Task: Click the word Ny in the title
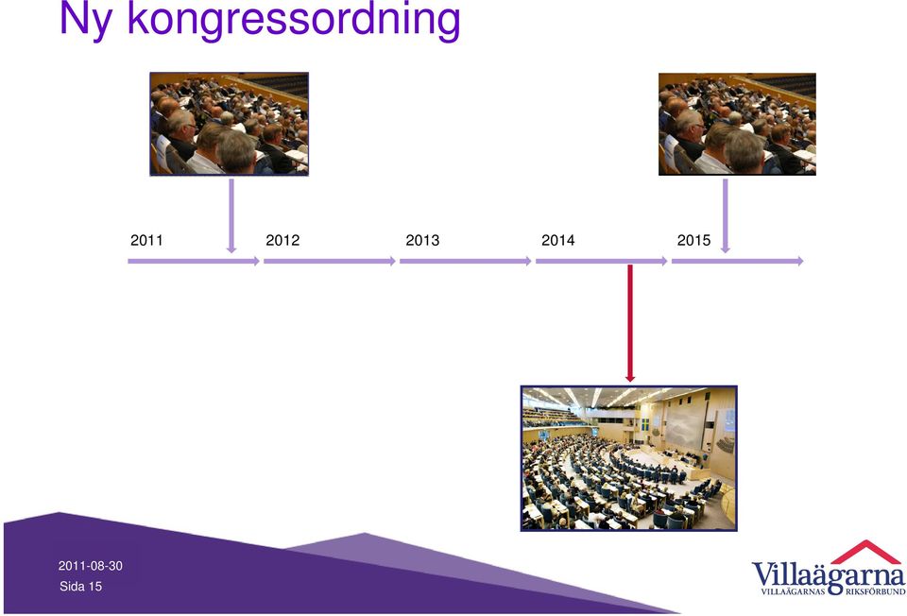point(86,20)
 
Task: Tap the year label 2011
point(146,240)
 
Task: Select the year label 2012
point(282,240)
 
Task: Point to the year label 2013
point(422,240)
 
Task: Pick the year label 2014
point(558,240)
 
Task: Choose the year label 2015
point(693,240)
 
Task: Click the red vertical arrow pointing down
point(630,323)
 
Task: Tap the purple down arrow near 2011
point(231,215)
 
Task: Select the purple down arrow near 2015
point(726,215)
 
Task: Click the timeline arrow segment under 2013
point(466,262)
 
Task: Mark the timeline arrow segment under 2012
point(330,262)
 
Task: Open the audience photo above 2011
point(229,124)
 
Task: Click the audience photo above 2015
point(737,124)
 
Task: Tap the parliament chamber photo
point(629,458)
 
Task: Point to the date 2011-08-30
point(91,566)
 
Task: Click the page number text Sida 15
point(80,587)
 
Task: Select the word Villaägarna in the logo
point(829,575)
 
